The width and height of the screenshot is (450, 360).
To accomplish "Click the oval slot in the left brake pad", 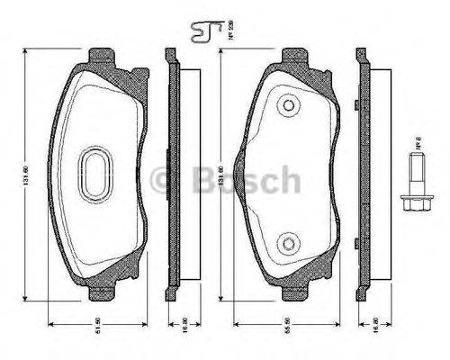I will pyautogui.click(x=94, y=171).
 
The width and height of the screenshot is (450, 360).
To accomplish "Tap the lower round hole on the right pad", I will pyautogui.click(x=287, y=241).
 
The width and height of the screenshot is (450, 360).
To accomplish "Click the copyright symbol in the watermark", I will pyautogui.click(x=165, y=179).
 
